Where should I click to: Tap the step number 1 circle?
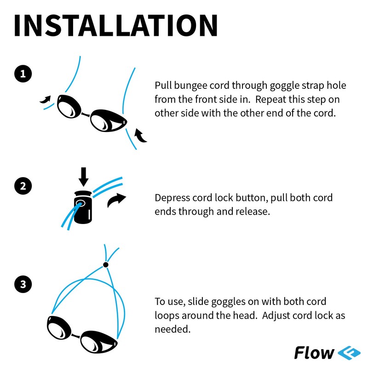click(x=23, y=74)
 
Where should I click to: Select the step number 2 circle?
click(x=23, y=186)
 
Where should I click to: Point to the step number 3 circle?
click(x=23, y=284)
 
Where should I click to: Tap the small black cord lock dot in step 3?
click(x=106, y=264)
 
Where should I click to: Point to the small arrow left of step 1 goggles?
click(x=46, y=99)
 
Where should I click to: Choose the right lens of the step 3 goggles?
click(x=98, y=342)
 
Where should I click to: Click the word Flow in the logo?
click(x=314, y=353)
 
